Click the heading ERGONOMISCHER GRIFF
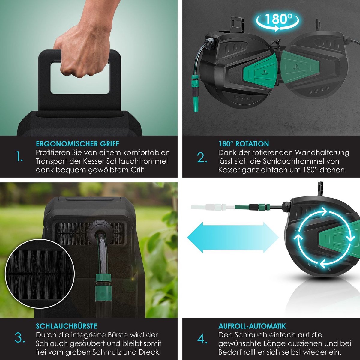77,144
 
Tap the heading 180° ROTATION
244,144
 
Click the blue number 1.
19,157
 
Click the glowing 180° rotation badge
277,21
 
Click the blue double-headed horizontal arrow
233,238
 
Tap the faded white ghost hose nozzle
212,207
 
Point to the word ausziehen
309,344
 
